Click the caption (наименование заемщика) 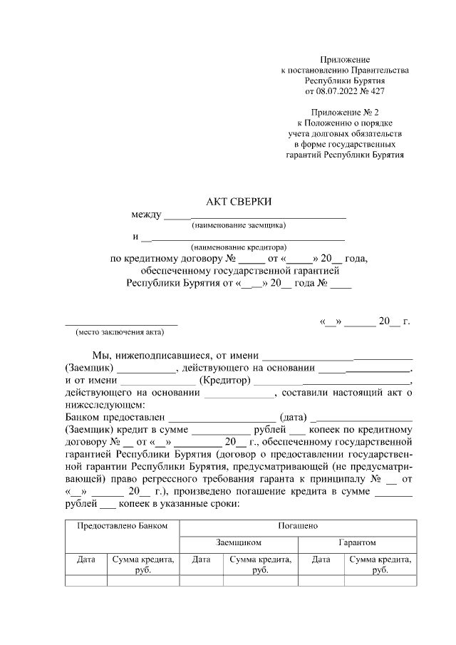click(239, 225)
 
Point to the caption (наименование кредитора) click(239, 247)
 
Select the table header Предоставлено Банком click(122, 525)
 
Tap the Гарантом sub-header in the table click(357, 542)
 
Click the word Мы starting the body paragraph click(100, 355)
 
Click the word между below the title click(147, 215)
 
